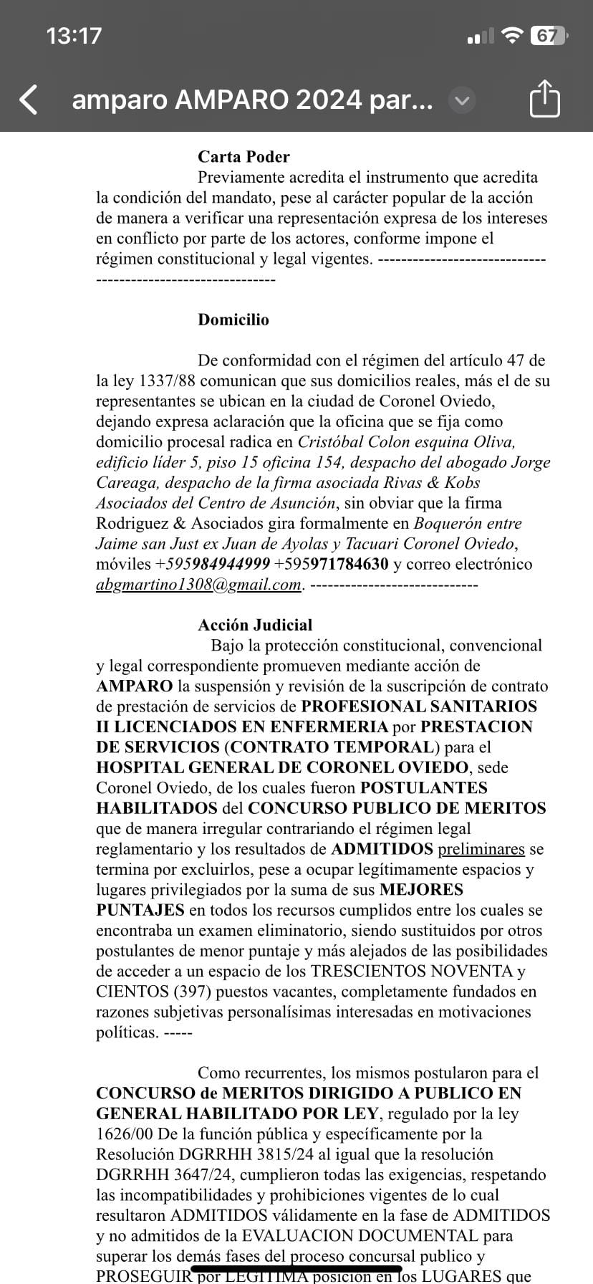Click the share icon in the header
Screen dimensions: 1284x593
(x=544, y=99)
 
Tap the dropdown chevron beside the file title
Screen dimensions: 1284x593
(x=462, y=100)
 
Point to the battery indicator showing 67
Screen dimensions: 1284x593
(x=549, y=36)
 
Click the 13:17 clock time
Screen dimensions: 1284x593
(x=74, y=36)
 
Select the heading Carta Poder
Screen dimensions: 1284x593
(x=244, y=157)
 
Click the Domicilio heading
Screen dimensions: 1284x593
(x=233, y=320)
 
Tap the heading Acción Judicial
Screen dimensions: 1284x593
(x=255, y=625)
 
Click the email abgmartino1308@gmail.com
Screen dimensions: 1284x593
(x=198, y=585)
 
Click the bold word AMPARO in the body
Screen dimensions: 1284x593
(x=134, y=686)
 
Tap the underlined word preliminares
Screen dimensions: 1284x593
(x=481, y=849)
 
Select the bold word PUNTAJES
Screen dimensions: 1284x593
(x=140, y=911)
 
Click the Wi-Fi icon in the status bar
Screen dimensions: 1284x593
(x=511, y=36)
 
